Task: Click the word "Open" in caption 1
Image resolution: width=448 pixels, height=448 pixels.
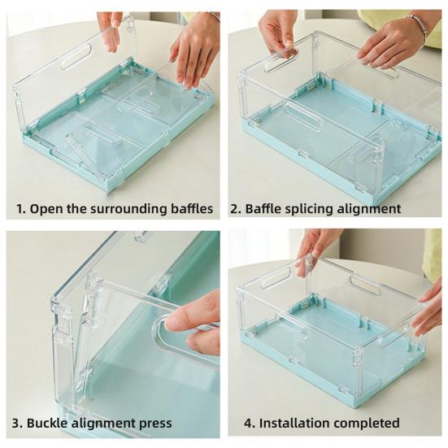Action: click(46, 209)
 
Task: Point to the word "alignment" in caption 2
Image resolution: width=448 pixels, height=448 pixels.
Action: click(369, 209)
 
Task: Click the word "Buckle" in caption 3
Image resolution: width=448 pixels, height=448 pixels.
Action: click(47, 423)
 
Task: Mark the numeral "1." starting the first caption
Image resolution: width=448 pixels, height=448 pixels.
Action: click(21, 209)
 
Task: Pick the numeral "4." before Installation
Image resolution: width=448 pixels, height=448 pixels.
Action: click(250, 423)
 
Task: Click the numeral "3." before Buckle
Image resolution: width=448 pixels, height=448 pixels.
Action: click(18, 423)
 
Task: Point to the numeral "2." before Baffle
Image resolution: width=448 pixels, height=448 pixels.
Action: click(237, 209)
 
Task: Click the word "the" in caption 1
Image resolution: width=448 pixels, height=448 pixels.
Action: click(77, 209)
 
